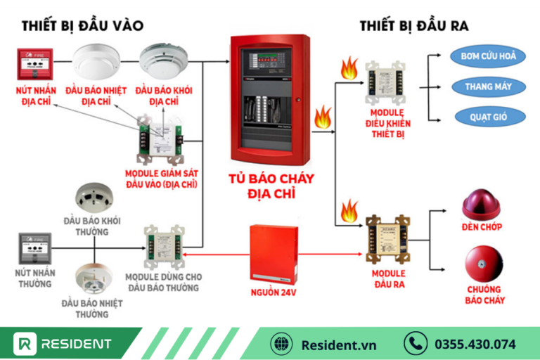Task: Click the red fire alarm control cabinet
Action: coord(270,98)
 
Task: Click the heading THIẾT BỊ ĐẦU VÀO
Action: coord(82,26)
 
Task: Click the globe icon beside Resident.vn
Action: coord(281,344)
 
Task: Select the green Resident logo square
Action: coord(26,344)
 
